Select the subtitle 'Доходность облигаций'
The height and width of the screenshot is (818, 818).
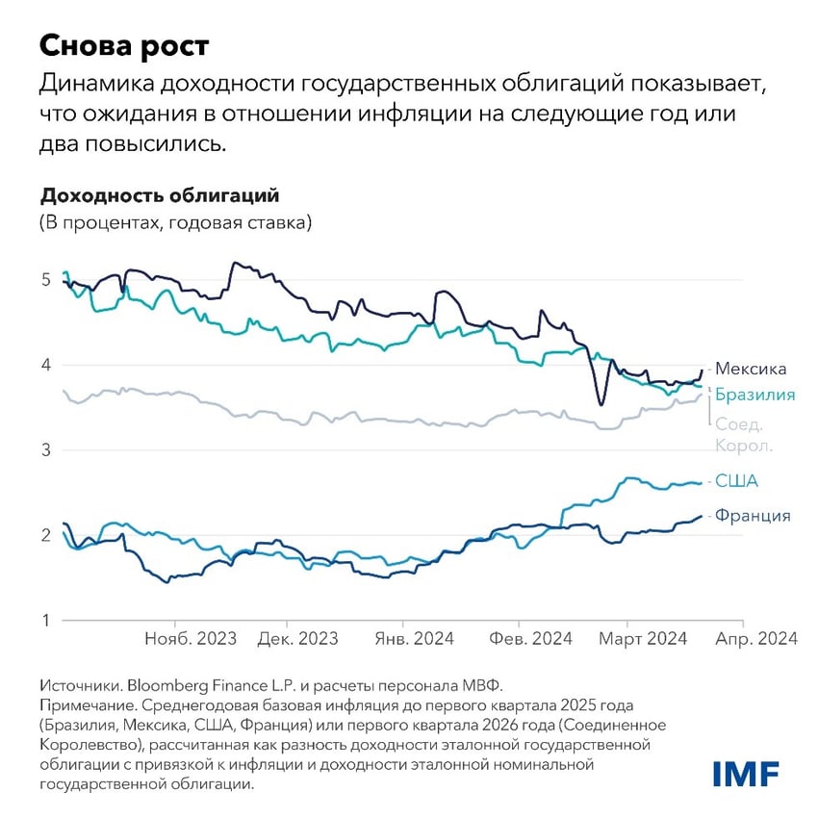click(159, 195)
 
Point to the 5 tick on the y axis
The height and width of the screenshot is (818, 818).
click(45, 279)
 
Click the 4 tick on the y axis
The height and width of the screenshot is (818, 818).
click(45, 365)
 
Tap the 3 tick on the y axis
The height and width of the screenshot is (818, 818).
click(45, 449)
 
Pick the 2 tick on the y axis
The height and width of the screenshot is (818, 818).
click(45, 535)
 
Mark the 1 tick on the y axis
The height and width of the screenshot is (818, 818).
click(45, 620)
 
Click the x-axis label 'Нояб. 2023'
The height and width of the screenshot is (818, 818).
click(190, 640)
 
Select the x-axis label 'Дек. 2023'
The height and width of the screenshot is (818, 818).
click(297, 640)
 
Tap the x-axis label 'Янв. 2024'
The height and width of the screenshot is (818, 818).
click(414, 640)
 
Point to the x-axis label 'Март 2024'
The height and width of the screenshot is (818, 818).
click(645, 640)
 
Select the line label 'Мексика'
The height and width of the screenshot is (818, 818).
click(751, 369)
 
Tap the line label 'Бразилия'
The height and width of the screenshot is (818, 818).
click(754, 395)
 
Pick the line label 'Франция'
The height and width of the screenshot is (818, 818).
click(752, 516)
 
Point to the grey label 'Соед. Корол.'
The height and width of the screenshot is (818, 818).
click(744, 434)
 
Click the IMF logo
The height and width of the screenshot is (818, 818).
click(746, 773)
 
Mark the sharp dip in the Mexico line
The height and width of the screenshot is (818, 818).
click(601, 404)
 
